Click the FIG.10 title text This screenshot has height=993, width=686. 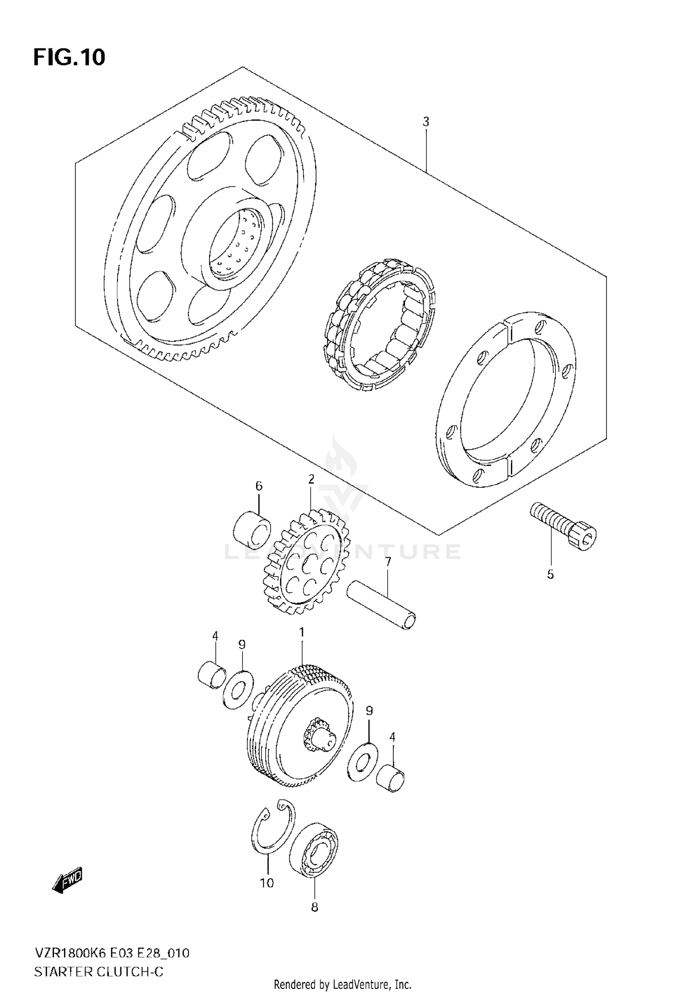click(x=69, y=58)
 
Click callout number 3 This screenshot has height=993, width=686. click(x=425, y=122)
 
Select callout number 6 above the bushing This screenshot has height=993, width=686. click(x=258, y=486)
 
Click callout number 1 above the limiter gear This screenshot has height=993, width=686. click(x=301, y=632)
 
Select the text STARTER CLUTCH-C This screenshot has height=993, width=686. click(x=98, y=959)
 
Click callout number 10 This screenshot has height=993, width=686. click(x=267, y=883)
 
